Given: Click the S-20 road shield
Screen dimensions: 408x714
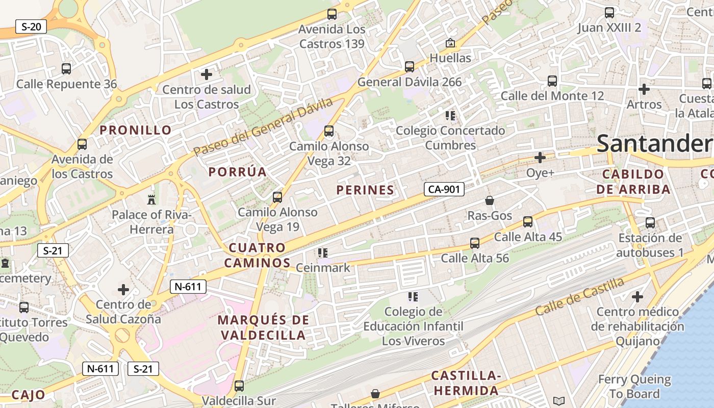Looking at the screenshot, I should [x=31, y=27].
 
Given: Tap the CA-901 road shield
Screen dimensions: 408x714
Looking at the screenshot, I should [x=444, y=190].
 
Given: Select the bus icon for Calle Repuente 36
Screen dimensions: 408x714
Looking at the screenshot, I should [x=66, y=68].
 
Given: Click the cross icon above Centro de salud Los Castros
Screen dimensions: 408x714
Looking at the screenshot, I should [x=207, y=74].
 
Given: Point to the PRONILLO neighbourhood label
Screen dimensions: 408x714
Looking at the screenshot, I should [x=136, y=130].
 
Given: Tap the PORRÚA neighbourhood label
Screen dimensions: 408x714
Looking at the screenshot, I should [x=238, y=172].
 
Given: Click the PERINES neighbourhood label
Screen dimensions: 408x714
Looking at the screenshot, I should [x=365, y=190].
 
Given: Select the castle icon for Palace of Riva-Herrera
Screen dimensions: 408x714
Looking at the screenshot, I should [x=151, y=199].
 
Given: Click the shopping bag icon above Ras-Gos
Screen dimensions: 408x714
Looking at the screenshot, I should [x=490, y=200].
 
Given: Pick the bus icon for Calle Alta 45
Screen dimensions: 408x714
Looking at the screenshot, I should [x=528, y=222].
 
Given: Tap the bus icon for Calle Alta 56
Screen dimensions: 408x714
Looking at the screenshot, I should [x=475, y=243].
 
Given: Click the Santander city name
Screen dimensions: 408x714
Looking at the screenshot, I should [x=655, y=143].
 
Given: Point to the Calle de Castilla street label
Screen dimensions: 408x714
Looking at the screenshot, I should [x=580, y=297].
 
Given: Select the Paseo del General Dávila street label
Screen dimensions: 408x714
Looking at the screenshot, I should [x=263, y=126].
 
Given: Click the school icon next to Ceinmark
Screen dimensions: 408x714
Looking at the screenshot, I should [x=322, y=252].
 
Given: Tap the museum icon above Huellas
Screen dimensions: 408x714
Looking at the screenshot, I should [x=450, y=43].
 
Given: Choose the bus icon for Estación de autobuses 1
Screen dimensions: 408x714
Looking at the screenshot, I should [x=650, y=223].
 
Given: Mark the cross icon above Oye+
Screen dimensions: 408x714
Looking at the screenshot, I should [x=540, y=158].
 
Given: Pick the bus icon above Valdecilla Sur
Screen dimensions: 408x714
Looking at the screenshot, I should [x=239, y=386].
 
